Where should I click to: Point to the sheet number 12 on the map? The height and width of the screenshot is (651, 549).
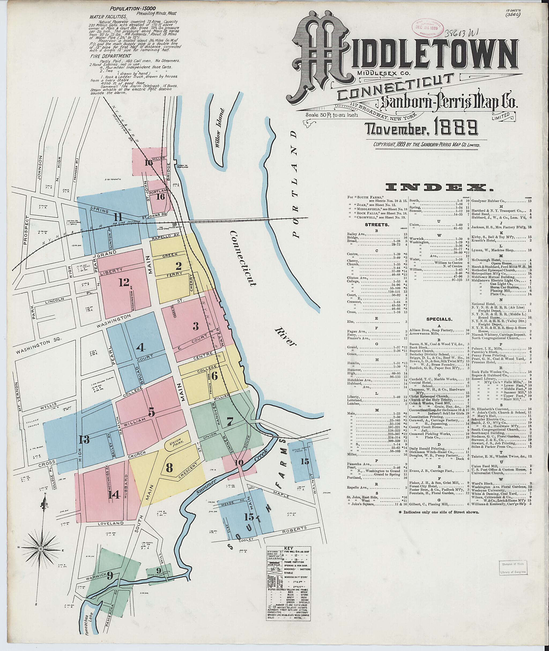(124, 282)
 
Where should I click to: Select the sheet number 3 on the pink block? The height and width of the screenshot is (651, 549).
(195, 326)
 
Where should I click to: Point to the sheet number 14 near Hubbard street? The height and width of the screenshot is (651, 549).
(114, 494)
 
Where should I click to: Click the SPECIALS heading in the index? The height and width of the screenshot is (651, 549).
(439, 319)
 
